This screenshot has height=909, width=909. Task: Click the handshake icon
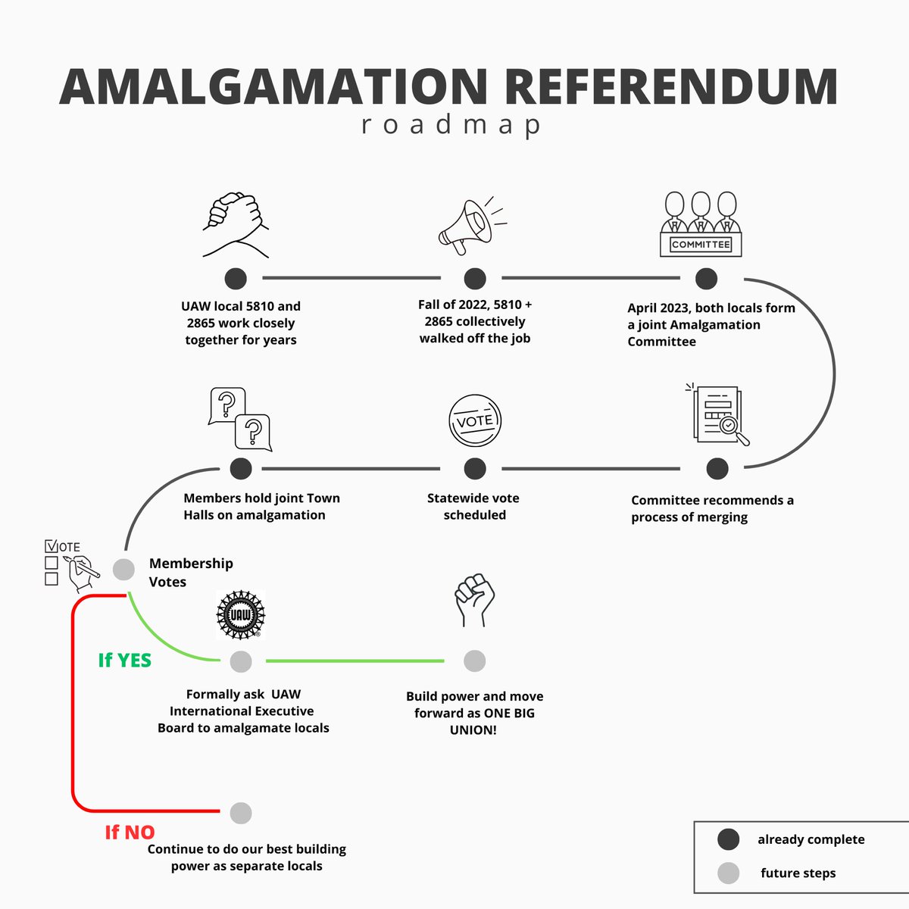click(236, 226)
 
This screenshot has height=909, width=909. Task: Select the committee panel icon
click(701, 224)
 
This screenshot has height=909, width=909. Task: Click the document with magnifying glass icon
click(720, 414)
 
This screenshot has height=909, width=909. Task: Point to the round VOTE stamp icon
click(475, 421)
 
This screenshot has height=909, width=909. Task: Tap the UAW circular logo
click(241, 614)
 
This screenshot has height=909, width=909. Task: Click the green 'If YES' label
click(125, 661)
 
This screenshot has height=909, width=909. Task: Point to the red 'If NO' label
click(130, 832)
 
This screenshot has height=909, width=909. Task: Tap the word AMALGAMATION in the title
click(273, 87)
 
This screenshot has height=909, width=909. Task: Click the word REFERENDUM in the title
click(670, 87)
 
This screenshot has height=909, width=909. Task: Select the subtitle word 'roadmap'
click(451, 125)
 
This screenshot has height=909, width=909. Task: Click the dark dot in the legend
click(728, 839)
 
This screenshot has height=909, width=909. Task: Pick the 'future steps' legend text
click(798, 873)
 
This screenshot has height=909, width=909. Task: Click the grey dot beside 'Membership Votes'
click(123, 569)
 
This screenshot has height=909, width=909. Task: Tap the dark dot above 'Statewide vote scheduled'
click(475, 469)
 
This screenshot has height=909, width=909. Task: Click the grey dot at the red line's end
click(241, 813)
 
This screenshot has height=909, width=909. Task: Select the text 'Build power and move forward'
click(474, 704)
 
